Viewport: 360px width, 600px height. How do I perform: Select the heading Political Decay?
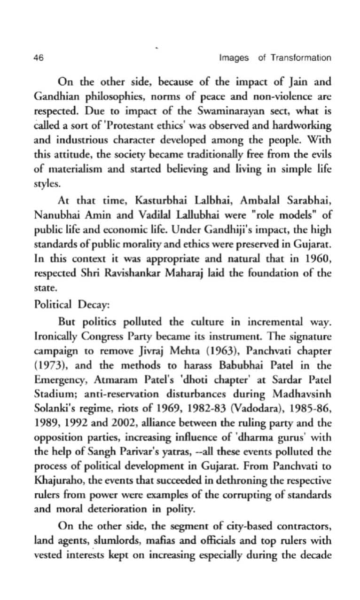pos(71,304)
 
